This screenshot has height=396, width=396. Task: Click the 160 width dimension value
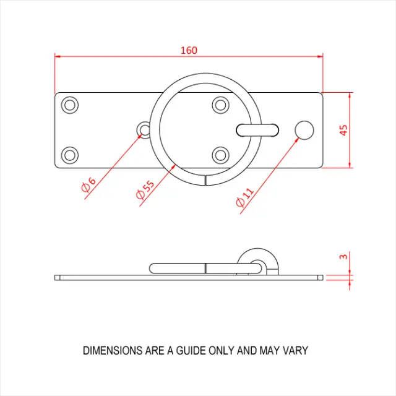click(x=189, y=50)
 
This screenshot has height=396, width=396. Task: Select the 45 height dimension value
click(x=344, y=130)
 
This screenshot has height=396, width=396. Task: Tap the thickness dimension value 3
click(x=344, y=257)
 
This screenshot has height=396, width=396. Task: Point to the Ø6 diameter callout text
click(x=89, y=186)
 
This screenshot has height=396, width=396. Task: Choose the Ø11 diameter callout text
click(x=245, y=197)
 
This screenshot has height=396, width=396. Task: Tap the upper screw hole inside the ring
click(x=220, y=105)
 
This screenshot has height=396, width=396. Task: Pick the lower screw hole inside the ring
click(x=220, y=154)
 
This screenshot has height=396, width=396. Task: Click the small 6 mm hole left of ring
click(x=145, y=129)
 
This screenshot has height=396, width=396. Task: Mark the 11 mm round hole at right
click(x=304, y=129)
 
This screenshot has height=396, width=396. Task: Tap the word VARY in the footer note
click(x=295, y=350)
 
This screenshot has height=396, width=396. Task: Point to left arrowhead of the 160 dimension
click(x=58, y=56)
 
